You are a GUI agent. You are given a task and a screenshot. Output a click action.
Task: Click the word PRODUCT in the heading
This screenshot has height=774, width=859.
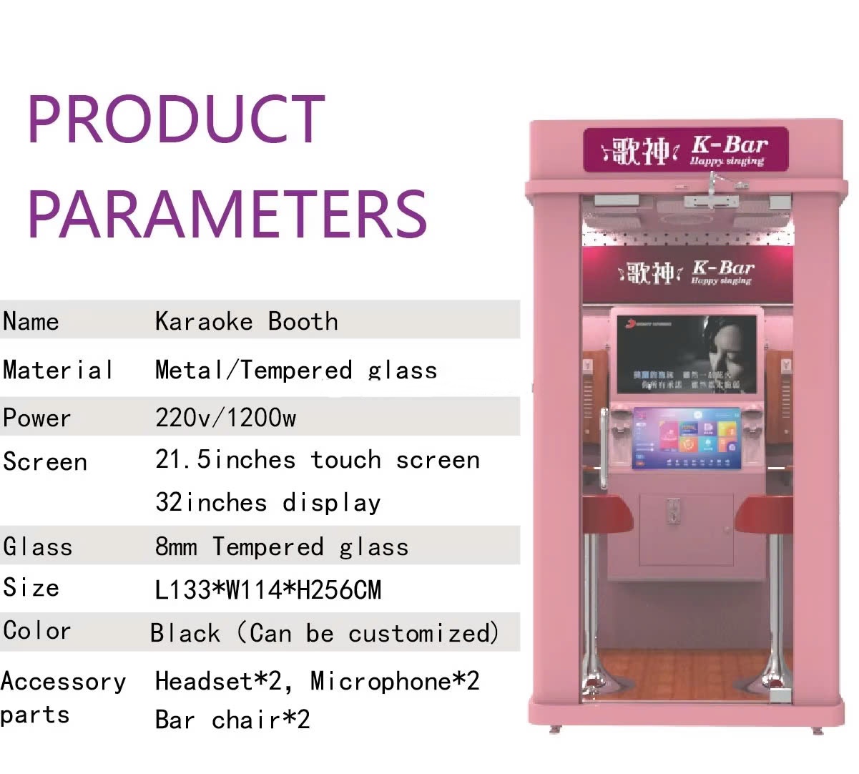coord(176,119)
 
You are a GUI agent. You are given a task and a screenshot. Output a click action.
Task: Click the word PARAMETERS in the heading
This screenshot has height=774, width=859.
coord(227,213)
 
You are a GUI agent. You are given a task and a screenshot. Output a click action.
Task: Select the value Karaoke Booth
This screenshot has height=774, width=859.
coord(246,322)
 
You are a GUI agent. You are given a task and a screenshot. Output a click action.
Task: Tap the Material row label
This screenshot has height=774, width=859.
coord(58,370)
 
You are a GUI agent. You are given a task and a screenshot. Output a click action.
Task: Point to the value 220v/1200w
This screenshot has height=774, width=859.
coord(225,417)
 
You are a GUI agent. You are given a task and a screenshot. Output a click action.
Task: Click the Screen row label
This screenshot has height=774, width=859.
coord(44,461)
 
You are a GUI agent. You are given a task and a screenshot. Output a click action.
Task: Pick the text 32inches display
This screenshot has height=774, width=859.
coord(267,502)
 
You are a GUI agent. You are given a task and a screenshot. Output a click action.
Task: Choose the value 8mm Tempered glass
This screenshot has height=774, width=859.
coord(281,547)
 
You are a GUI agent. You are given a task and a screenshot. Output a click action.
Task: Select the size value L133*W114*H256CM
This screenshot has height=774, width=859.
coord(268,590)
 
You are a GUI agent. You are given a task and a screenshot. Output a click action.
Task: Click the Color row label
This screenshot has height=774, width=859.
coord(37,631)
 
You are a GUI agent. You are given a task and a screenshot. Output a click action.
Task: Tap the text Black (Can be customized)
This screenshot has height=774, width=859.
coord(324,633)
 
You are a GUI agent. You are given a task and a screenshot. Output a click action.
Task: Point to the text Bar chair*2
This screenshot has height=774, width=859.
coord(232,720)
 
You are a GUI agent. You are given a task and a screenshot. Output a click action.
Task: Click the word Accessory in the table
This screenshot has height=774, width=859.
coord(63,682)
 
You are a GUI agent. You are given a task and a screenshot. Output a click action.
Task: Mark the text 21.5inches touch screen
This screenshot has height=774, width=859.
coord(317,459)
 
